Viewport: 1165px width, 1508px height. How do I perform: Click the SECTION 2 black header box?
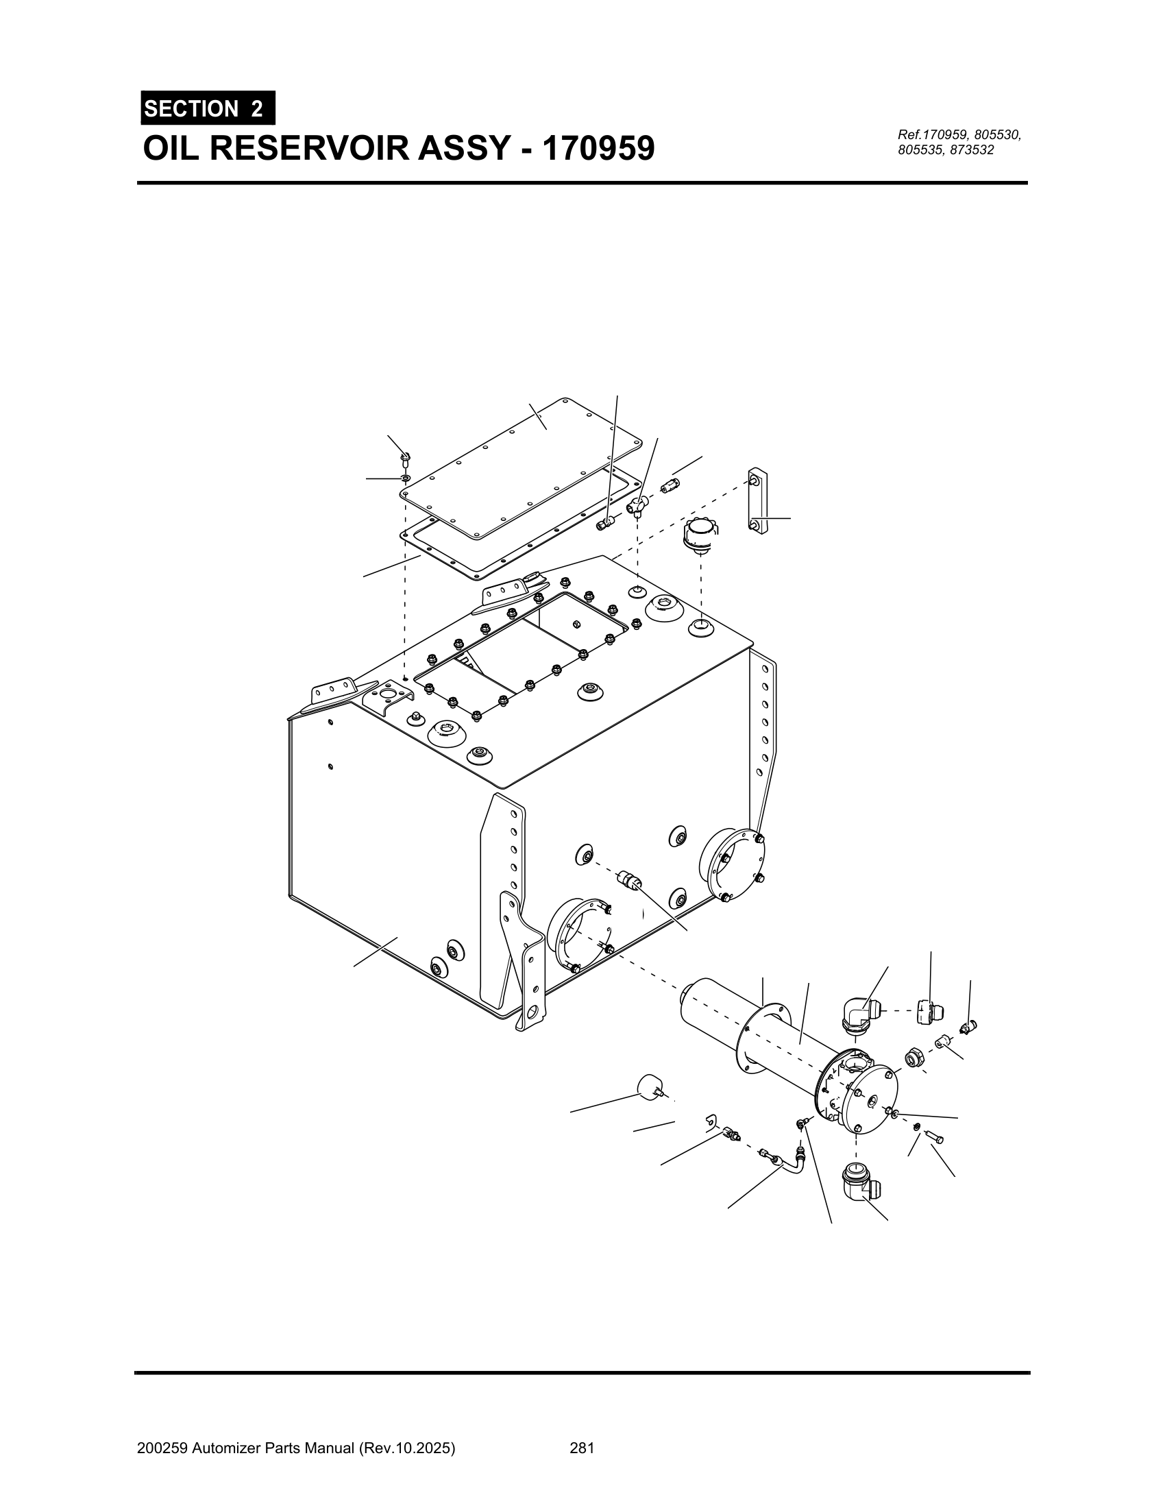[207, 108]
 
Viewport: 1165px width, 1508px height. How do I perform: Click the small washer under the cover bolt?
[406, 478]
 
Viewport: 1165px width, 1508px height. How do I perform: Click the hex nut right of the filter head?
[913, 1056]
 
